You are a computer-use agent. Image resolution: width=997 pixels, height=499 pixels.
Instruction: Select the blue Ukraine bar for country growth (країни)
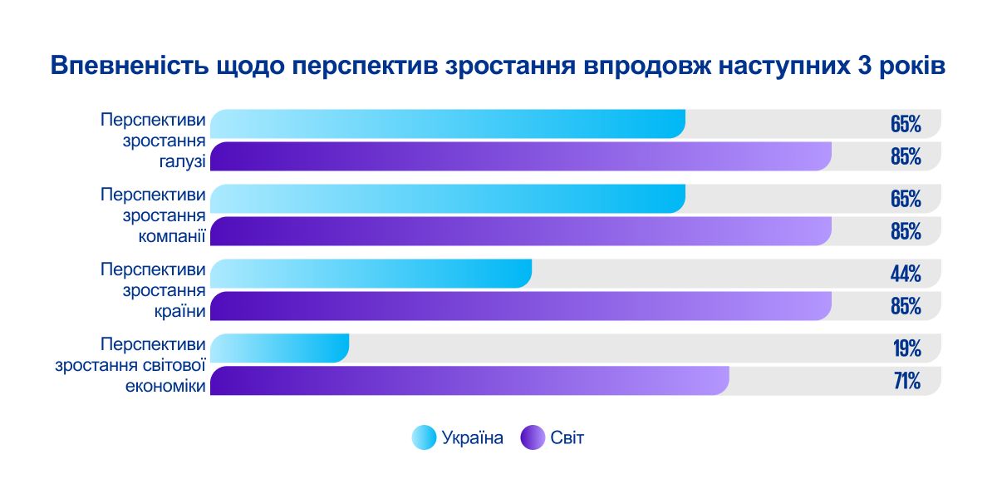pos(371,274)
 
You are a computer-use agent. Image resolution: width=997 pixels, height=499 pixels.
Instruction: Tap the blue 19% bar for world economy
pos(279,348)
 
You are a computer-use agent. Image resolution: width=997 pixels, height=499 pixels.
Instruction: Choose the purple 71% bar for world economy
pos(469,381)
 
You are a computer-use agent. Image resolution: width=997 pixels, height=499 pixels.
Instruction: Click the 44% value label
pos(905,274)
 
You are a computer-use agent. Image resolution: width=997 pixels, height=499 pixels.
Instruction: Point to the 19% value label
pos(906,348)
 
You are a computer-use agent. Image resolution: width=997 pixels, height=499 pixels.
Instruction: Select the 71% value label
pos(906,381)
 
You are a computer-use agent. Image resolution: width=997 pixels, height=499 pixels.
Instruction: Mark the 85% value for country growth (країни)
pos(905,306)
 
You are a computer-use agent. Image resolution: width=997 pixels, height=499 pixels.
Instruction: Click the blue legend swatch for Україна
pos(424,437)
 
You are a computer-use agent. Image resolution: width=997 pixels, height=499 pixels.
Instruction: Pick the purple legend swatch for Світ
pos(532,437)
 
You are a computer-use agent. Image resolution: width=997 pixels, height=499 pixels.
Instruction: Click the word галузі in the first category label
pos(183,161)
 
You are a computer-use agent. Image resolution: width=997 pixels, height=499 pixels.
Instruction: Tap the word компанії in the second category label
pos(172,235)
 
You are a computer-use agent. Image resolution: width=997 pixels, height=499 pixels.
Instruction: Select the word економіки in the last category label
pos(165,385)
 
